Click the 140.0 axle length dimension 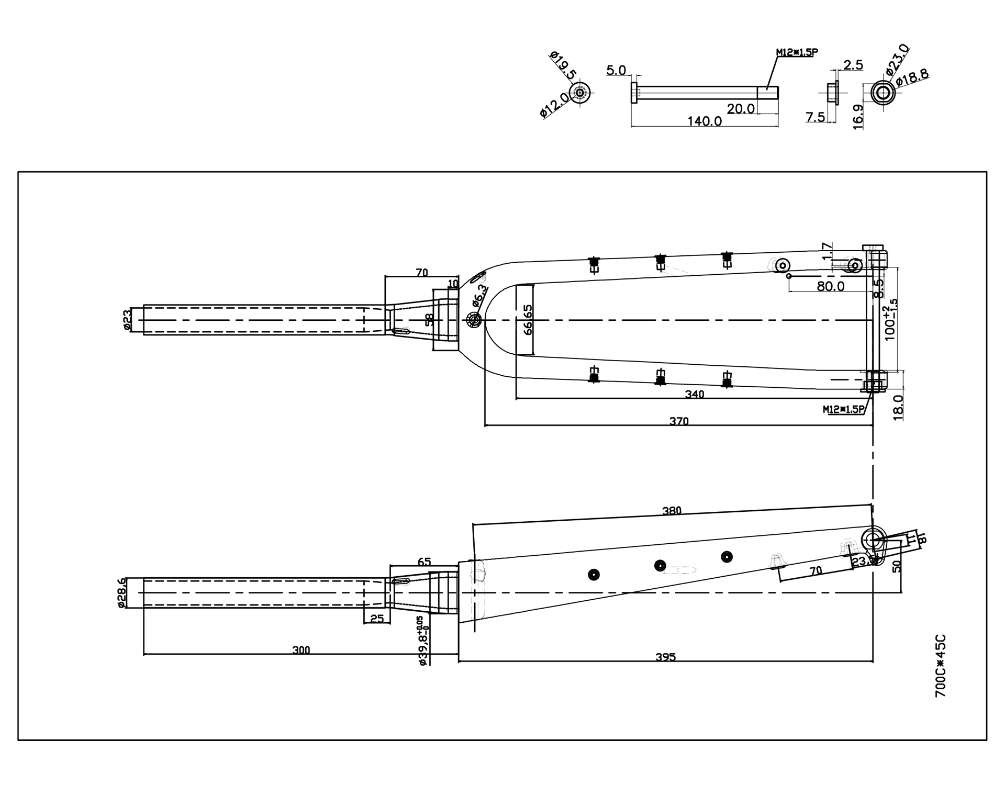point(704,121)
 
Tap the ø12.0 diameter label point(554,104)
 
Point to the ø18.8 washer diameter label point(912,77)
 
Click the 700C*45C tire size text point(941,666)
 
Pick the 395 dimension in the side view point(666,657)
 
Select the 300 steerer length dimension point(301,650)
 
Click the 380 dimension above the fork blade point(672,511)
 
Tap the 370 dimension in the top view point(679,421)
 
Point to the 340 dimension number point(695,394)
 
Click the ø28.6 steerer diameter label point(122,592)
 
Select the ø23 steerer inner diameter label point(126,320)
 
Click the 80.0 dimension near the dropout point(831,286)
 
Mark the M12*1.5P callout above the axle point(796,52)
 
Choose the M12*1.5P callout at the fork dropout point(843,409)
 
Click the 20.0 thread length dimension point(741,109)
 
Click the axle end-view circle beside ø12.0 point(579,93)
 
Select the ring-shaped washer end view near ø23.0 point(883,93)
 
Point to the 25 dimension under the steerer point(377,619)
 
